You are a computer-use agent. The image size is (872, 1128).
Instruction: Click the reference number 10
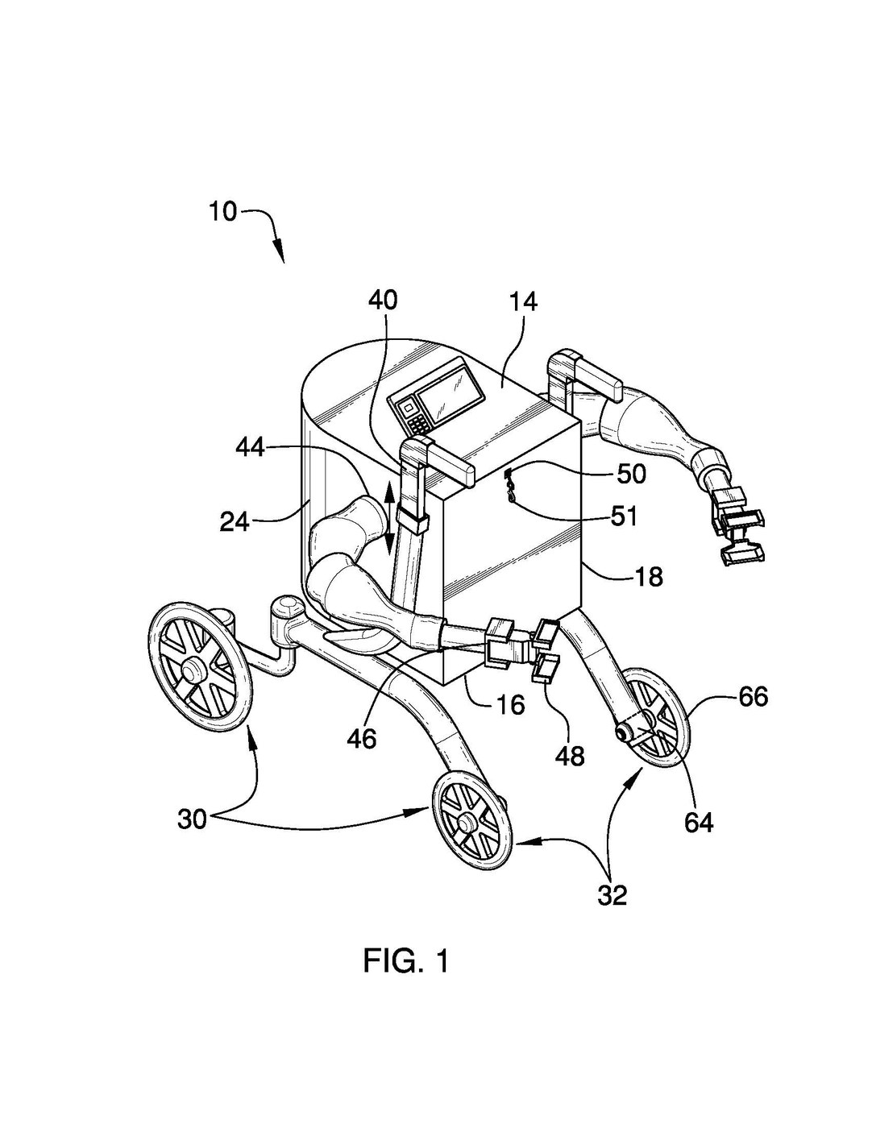[224, 212]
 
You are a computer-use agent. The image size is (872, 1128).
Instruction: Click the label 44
[250, 447]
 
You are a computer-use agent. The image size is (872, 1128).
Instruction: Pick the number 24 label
[235, 521]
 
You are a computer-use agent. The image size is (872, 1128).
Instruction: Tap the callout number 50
[632, 474]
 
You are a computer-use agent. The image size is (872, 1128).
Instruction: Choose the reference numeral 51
[623, 517]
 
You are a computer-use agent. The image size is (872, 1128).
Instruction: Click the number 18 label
[649, 576]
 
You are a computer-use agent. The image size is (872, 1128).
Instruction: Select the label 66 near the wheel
[754, 697]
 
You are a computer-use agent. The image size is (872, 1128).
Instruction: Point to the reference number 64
[698, 822]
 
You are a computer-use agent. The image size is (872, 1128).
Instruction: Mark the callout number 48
[570, 757]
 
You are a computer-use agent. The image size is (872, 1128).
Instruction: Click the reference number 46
[362, 739]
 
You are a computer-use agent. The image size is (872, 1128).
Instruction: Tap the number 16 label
[511, 704]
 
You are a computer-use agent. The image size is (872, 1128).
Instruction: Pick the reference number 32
[612, 895]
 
